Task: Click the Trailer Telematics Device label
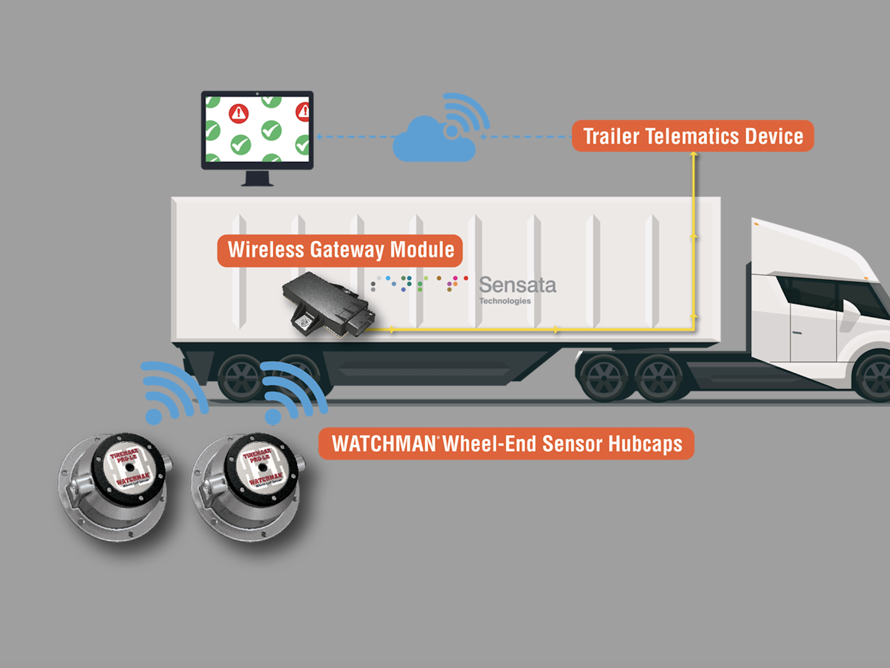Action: click(693, 136)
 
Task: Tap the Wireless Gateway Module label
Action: click(340, 250)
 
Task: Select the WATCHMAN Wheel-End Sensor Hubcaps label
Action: click(506, 443)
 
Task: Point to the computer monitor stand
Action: click(257, 178)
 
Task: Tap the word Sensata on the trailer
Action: click(517, 285)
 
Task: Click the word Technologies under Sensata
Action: click(505, 301)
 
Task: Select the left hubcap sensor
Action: click(115, 485)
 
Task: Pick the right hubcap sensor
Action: click(248, 485)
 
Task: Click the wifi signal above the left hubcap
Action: click(172, 391)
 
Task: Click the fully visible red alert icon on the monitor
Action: click(239, 113)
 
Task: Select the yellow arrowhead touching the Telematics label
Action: click(694, 155)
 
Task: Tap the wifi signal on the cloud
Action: click(465, 115)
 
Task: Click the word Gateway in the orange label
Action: click(347, 250)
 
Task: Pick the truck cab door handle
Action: click(797, 332)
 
